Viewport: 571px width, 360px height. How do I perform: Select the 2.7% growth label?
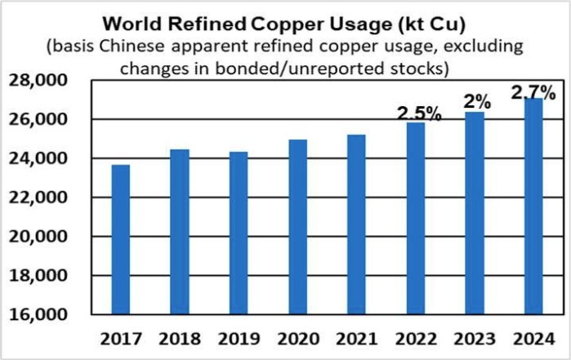[533, 91]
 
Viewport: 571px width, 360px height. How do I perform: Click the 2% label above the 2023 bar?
[477, 102]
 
